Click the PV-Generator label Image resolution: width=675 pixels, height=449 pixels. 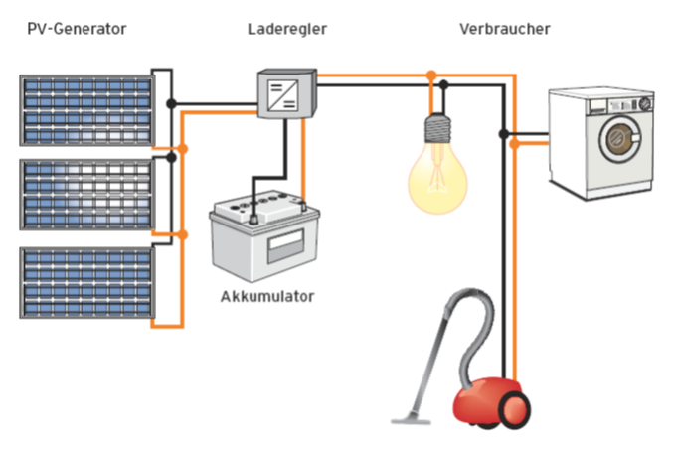tap(77, 29)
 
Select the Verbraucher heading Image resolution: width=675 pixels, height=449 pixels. tap(505, 29)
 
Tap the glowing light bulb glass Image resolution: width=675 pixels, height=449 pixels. tap(437, 180)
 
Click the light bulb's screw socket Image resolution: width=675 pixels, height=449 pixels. tap(437, 129)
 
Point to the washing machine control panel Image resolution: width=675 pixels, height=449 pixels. tap(602, 102)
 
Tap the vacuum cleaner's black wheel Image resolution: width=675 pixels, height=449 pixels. tap(515, 409)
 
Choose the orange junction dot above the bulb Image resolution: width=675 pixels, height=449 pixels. tap(430, 75)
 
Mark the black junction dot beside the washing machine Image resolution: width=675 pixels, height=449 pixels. tap(504, 133)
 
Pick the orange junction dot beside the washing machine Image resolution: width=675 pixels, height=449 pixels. tap(514, 144)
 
